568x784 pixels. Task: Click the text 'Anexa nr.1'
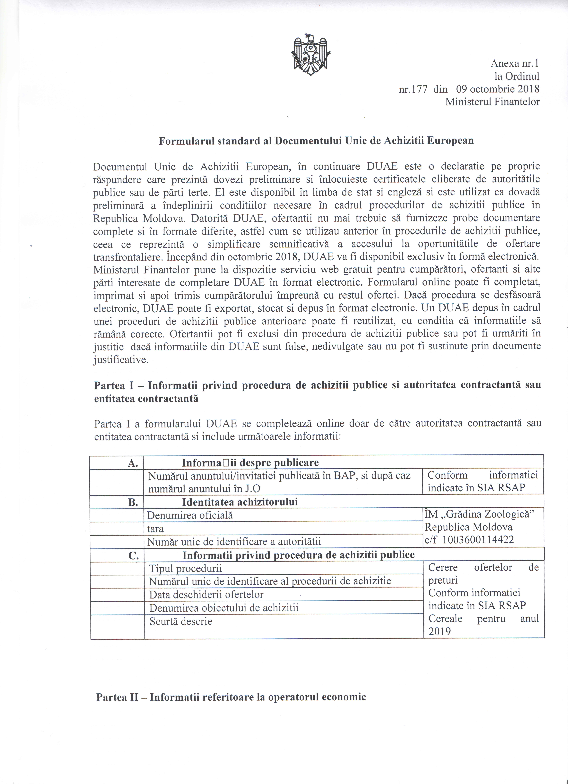click(x=515, y=64)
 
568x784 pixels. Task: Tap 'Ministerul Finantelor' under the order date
click(x=492, y=102)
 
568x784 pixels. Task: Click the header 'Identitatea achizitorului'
click(x=240, y=502)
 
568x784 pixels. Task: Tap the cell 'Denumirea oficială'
click(x=190, y=515)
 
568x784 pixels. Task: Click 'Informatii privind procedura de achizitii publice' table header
click(x=298, y=555)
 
